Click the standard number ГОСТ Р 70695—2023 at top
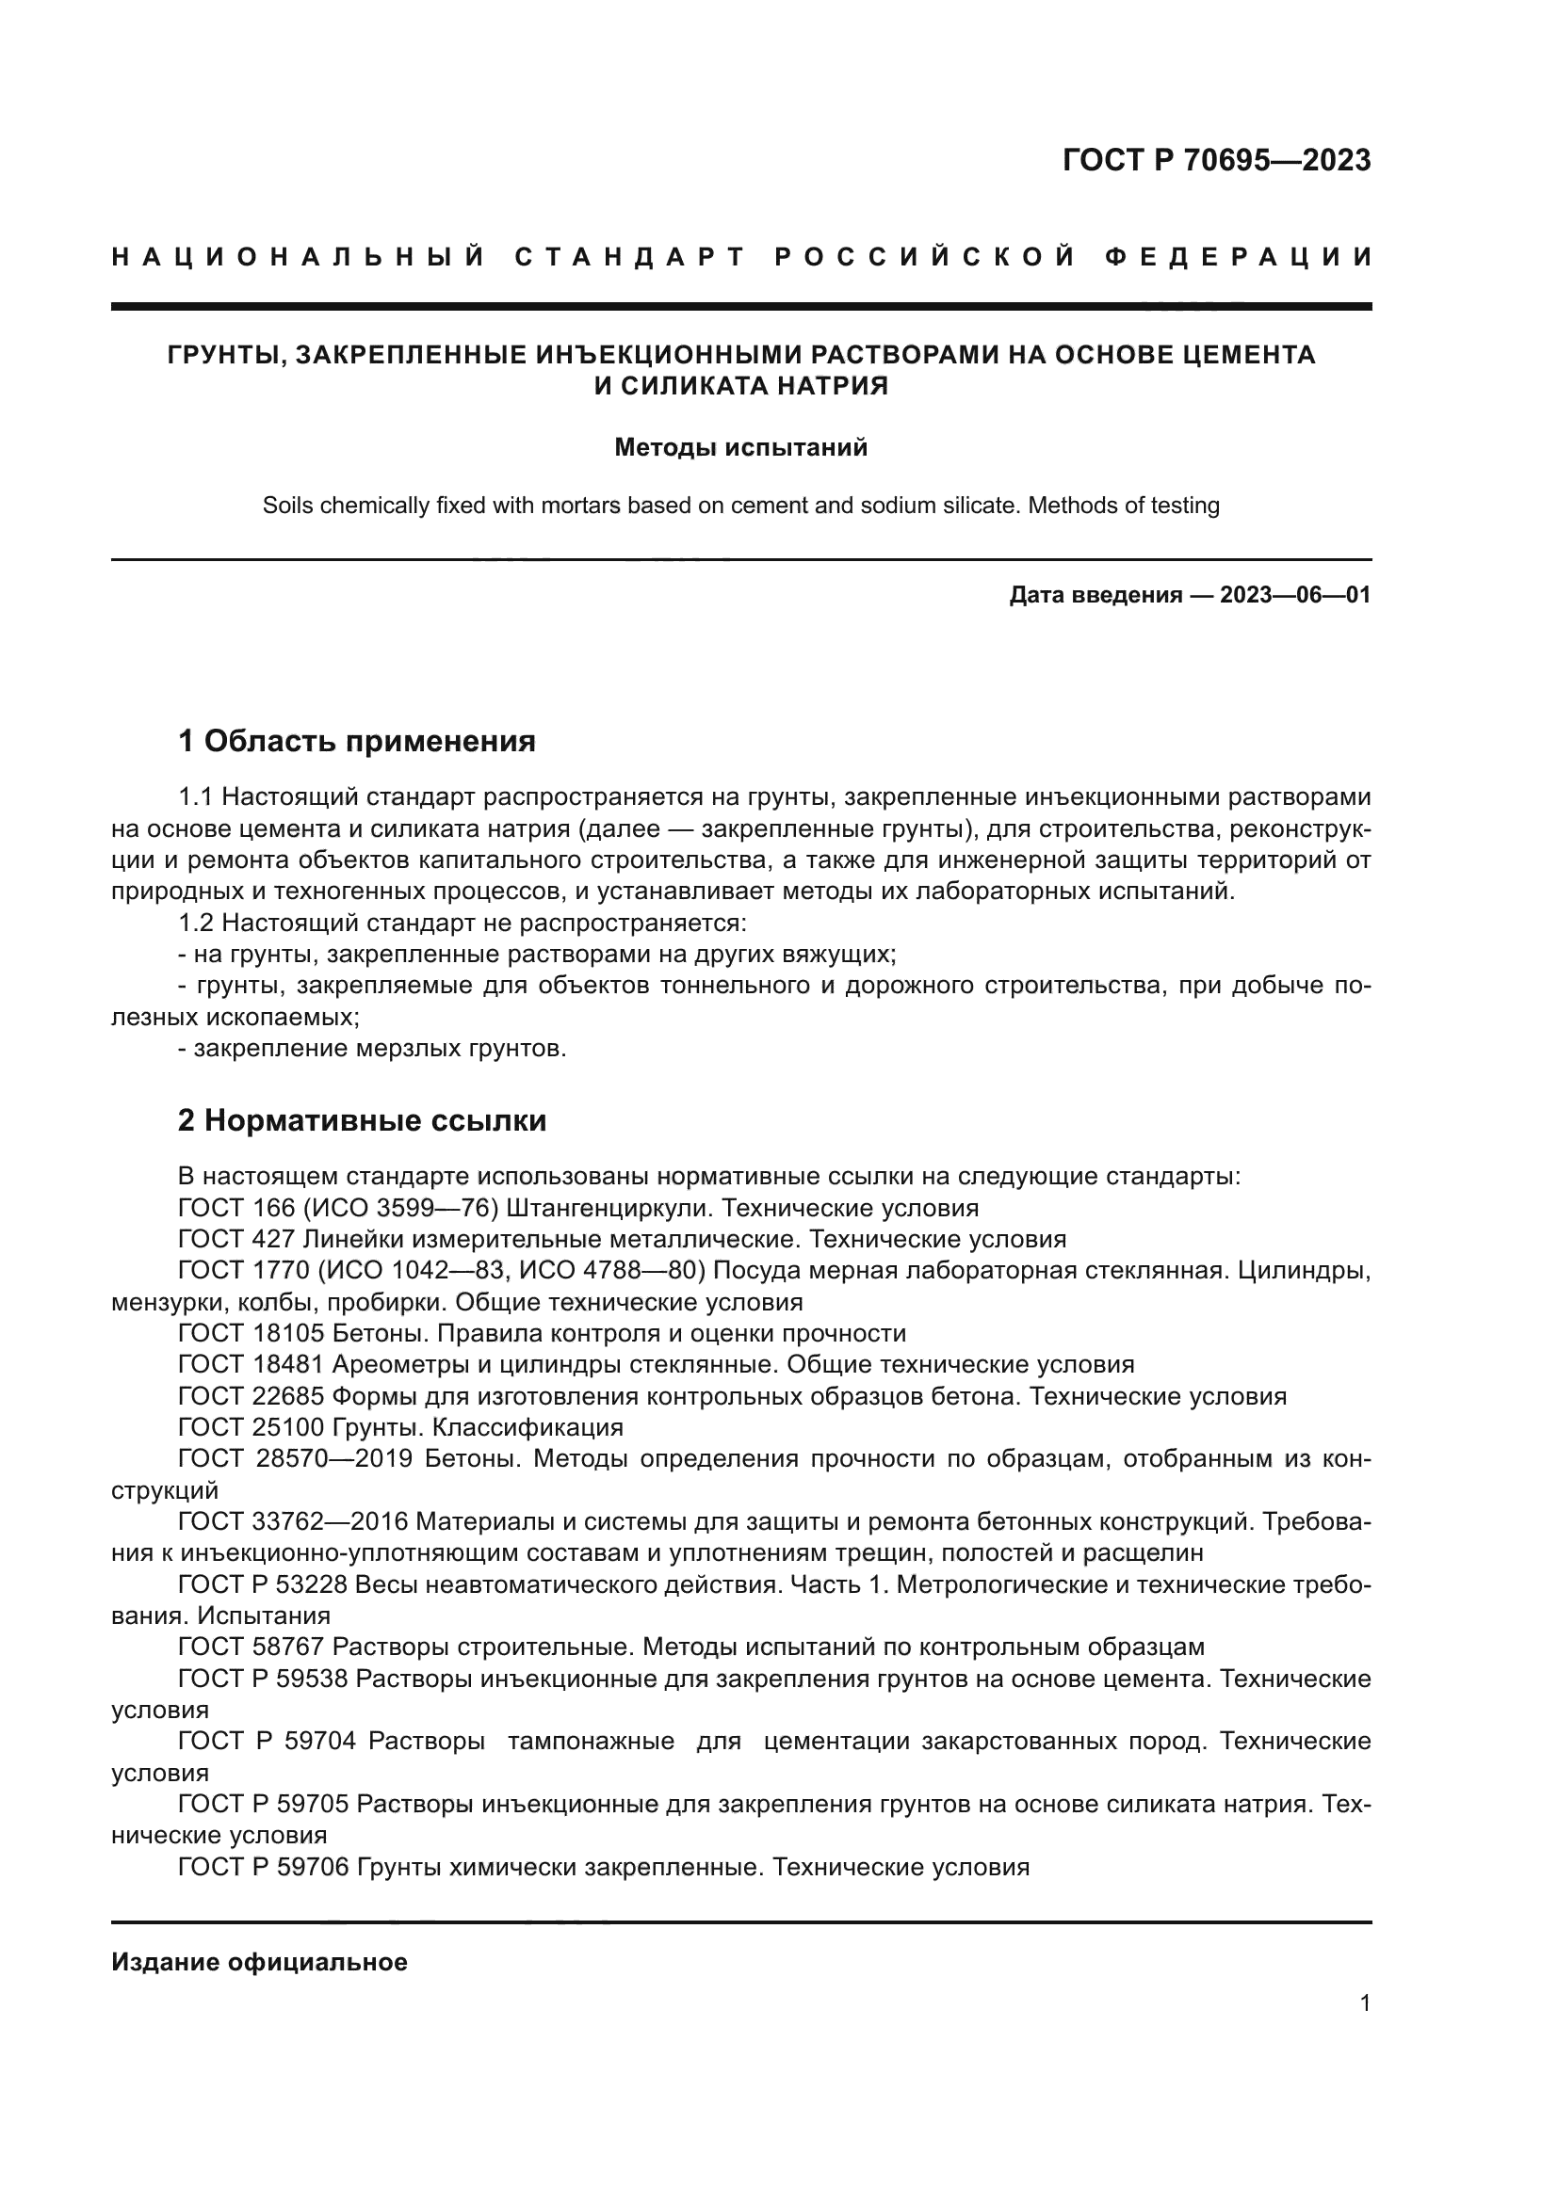[x=1215, y=160]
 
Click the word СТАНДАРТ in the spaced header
[x=630, y=257]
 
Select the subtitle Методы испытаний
[x=740, y=448]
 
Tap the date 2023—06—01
[x=1294, y=595]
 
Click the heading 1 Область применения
[x=357, y=740]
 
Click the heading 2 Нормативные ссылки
[x=362, y=1120]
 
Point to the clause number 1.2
[x=198, y=923]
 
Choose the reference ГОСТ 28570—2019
[x=296, y=1458]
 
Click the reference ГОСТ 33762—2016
[x=294, y=1522]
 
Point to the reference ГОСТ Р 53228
[x=264, y=1584]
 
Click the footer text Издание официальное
[x=259, y=1962]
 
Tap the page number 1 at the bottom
[x=1365, y=2003]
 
